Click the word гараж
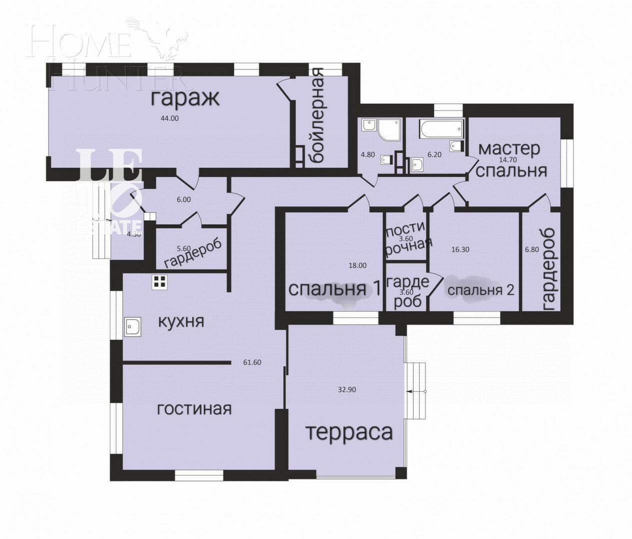185,98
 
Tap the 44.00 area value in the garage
169,118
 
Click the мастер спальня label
511,160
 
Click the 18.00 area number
357,266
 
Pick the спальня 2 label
480,290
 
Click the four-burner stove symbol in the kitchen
159,282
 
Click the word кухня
181,321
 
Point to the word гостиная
194,409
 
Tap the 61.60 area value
252,362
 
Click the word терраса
349,432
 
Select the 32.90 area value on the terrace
347,390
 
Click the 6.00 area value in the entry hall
183,199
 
